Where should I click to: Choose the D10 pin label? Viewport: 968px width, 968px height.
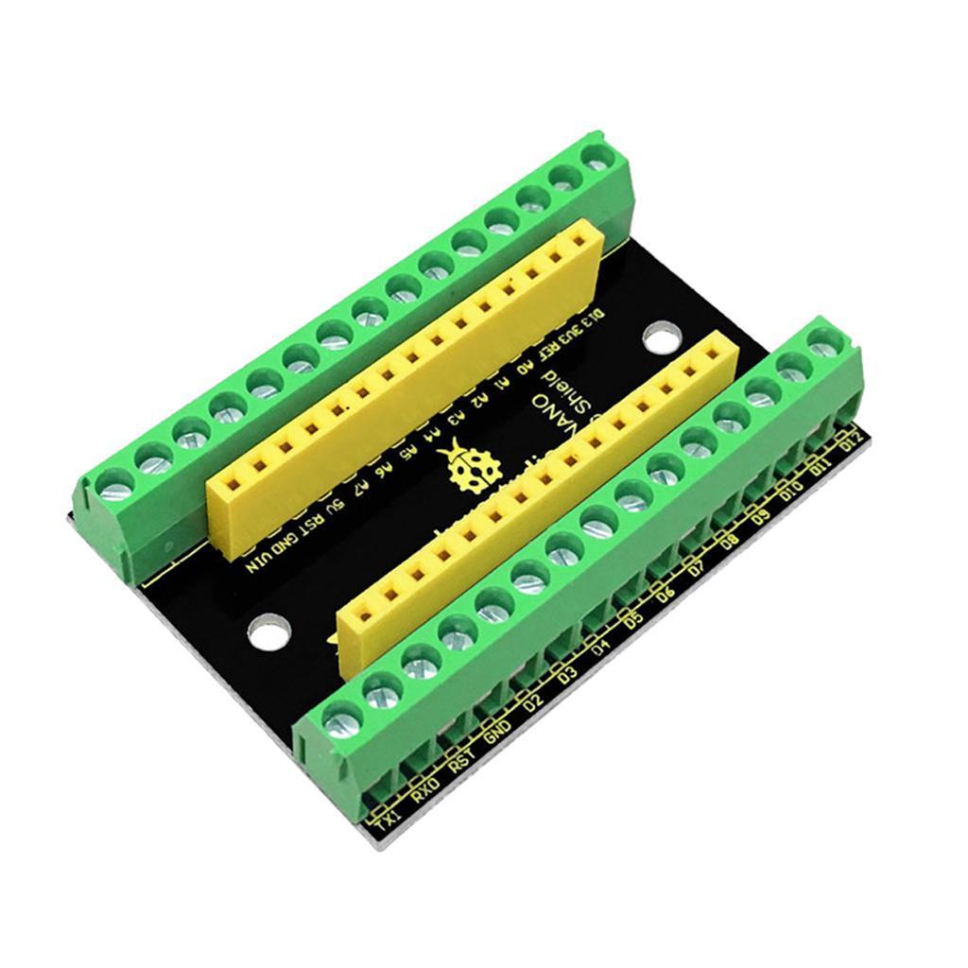pyautogui.click(x=790, y=491)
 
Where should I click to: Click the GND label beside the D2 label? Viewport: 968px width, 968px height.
pyautogui.click(x=497, y=732)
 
